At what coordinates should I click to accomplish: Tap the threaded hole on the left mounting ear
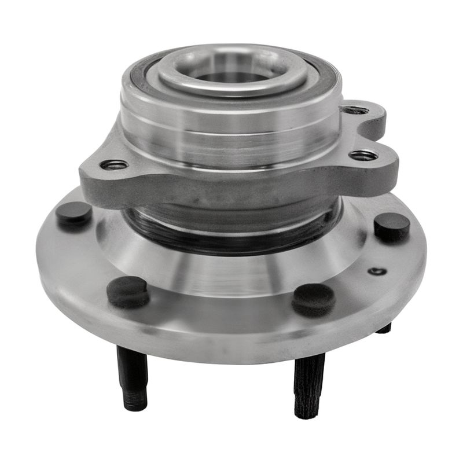tap(113, 165)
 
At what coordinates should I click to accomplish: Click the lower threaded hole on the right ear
tap(363, 155)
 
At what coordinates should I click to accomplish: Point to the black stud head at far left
tap(74, 213)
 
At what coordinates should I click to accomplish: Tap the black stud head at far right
tap(392, 226)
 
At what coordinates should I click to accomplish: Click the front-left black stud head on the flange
tap(128, 291)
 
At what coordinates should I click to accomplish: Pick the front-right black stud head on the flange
tap(313, 298)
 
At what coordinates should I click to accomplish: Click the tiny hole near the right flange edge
tap(377, 271)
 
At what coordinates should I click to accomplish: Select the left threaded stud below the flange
tap(133, 376)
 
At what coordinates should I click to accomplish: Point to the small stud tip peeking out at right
tap(384, 329)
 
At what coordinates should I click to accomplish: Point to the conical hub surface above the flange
tap(231, 272)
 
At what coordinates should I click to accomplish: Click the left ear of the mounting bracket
tap(101, 174)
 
